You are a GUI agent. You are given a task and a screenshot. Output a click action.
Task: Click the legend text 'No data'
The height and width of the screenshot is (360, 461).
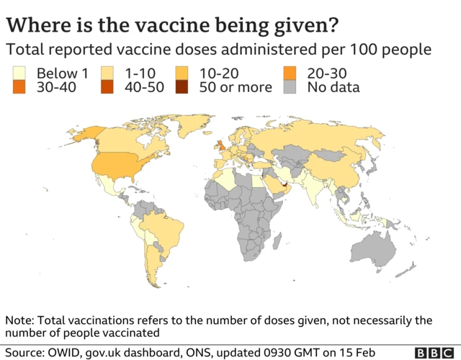click(334, 88)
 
